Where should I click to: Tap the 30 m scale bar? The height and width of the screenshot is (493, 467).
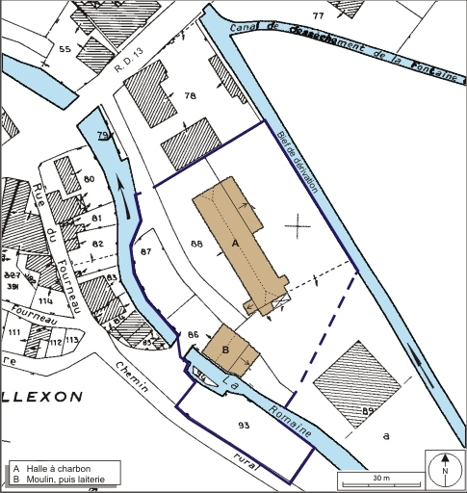pyautogui.click(x=379, y=479)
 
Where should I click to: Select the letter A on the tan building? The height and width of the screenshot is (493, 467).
pyautogui.click(x=235, y=245)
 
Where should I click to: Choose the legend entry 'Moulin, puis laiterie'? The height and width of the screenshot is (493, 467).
pyautogui.click(x=67, y=479)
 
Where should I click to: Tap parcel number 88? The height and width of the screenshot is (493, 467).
pyautogui.click(x=196, y=245)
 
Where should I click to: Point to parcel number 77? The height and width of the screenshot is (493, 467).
pyautogui.click(x=318, y=16)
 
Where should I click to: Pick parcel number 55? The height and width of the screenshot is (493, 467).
pyautogui.click(x=65, y=48)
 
